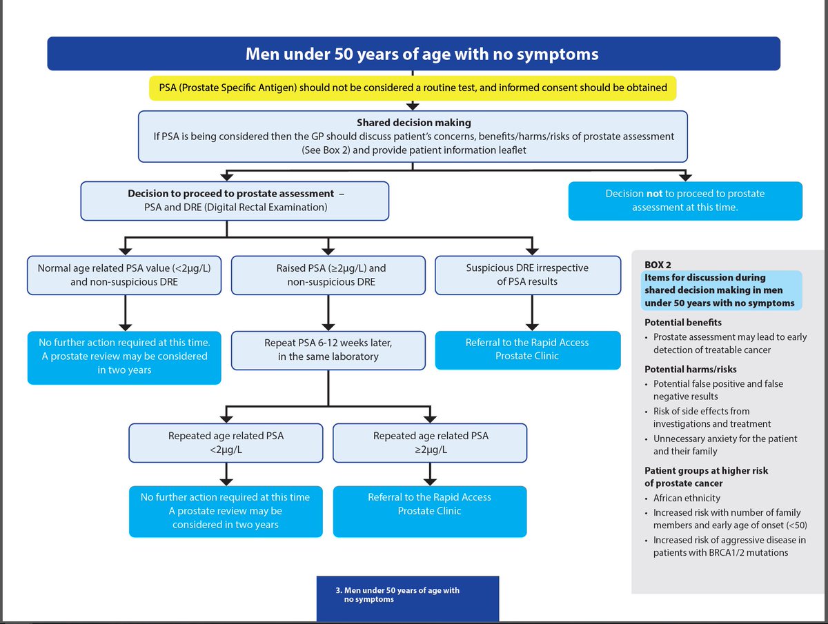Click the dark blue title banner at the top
point(413,54)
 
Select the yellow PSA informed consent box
point(413,88)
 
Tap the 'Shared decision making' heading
point(413,123)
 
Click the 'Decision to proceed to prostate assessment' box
point(235,201)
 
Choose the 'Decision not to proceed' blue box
point(684,201)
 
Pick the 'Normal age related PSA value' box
point(124,274)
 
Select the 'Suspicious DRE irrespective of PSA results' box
point(527,274)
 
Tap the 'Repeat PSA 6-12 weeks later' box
point(328,350)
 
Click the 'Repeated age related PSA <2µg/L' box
point(226,443)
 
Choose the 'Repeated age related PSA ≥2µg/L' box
point(430,443)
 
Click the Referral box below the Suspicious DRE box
point(527,349)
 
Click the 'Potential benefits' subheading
point(683,323)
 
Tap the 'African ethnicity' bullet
point(687,498)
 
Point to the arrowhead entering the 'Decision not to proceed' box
point(684,176)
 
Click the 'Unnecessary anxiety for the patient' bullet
point(724,439)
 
